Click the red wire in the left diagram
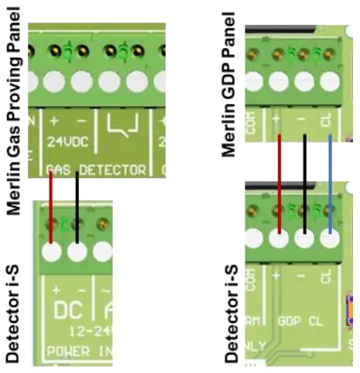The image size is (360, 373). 51,205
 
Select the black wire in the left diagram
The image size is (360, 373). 77,205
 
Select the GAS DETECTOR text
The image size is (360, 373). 97,169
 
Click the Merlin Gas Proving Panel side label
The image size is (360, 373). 14,108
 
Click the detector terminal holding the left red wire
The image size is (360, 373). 51,252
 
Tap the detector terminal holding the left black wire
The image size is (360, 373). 77,252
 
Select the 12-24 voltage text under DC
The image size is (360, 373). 77,329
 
